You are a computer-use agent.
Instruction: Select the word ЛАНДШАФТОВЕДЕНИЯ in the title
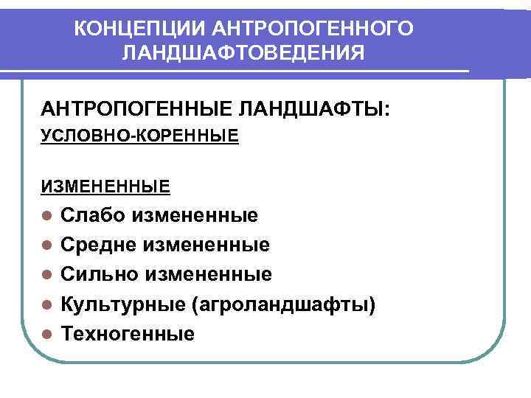[243, 54]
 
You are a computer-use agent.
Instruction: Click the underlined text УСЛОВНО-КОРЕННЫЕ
[139, 136]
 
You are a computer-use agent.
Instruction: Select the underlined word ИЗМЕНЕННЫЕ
[105, 186]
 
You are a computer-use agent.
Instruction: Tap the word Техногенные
[128, 334]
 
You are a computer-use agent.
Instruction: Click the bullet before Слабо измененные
[46, 216]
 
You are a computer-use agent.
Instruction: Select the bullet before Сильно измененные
[46, 275]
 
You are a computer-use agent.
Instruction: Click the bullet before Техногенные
[46, 334]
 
